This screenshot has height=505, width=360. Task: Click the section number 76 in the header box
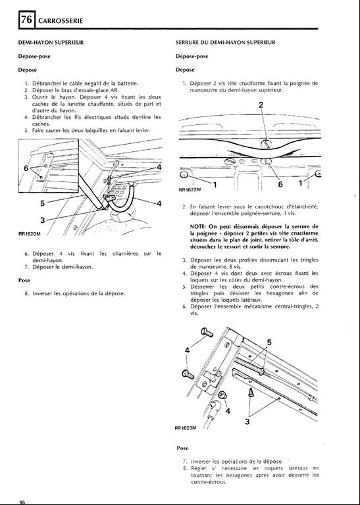tap(27, 20)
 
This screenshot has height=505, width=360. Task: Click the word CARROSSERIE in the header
tap(61, 21)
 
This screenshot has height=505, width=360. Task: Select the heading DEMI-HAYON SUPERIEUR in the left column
tap(51, 43)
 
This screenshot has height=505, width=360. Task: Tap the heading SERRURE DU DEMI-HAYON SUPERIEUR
tap(226, 43)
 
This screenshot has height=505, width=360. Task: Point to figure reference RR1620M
tap(30, 234)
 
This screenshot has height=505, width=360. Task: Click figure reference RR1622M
tap(190, 189)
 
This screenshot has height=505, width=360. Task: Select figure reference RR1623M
tap(186, 427)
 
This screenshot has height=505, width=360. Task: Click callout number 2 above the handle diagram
tap(261, 105)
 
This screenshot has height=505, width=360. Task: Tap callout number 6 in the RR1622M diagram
tap(280, 184)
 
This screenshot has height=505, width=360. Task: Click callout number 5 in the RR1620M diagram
tap(42, 203)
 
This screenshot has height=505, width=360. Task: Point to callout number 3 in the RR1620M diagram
tap(42, 220)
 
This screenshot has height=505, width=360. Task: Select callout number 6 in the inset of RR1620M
tap(26, 168)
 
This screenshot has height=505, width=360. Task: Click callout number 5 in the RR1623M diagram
tap(269, 343)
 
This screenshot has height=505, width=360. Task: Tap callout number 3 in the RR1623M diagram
tap(247, 421)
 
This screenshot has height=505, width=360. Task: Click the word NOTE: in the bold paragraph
tap(197, 226)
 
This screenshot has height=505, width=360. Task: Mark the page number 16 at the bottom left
tap(22, 502)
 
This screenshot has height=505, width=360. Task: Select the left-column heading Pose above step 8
tap(24, 280)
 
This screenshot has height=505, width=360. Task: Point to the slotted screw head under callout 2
tap(266, 143)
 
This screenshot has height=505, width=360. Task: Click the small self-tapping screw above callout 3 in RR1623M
tap(251, 393)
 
